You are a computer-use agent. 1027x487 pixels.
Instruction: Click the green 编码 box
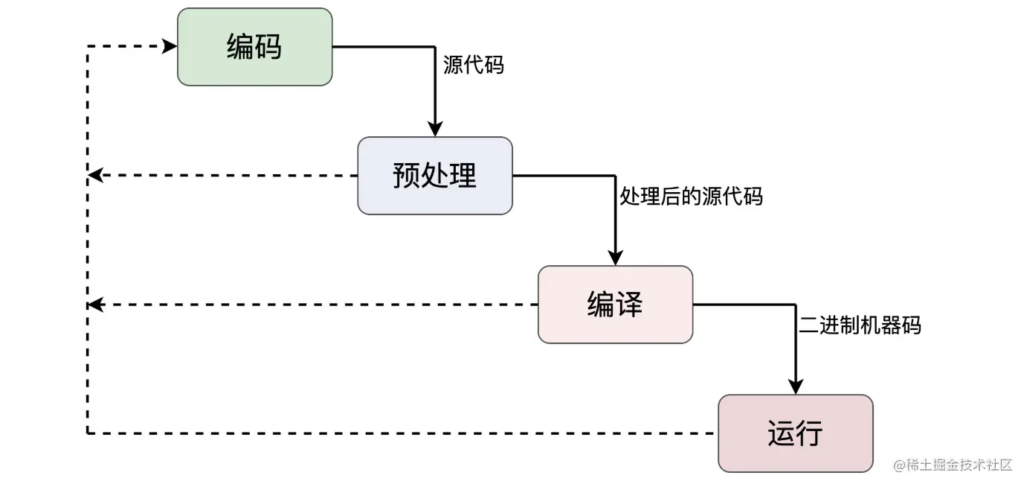(254, 47)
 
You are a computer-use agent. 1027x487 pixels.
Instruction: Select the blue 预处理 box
(435, 176)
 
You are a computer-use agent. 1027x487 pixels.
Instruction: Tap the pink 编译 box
(615, 305)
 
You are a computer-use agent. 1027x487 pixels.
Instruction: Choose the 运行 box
(795, 433)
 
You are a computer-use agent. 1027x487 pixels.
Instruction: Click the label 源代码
(473, 66)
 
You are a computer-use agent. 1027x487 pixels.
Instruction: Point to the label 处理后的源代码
(692, 197)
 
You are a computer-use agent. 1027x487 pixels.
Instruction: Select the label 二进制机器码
(860, 325)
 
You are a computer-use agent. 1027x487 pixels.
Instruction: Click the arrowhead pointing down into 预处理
(435, 129)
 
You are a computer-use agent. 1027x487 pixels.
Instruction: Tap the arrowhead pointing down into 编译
(616, 258)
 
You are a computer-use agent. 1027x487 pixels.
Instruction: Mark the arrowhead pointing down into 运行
(796, 386)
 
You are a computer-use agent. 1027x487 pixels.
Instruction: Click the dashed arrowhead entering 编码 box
(170, 47)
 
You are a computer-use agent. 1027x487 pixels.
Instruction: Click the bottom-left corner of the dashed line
(88, 433)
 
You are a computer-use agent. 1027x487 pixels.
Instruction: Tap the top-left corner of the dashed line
(88, 47)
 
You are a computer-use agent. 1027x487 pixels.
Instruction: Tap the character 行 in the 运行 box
(809, 433)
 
